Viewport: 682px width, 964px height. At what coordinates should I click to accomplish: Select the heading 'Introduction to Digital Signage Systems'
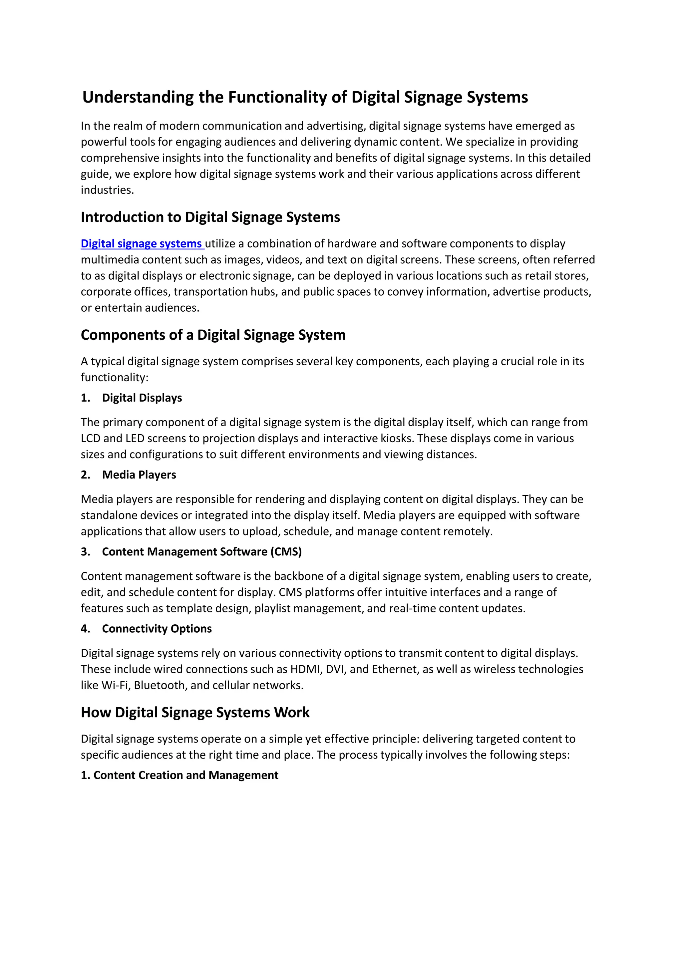click(210, 217)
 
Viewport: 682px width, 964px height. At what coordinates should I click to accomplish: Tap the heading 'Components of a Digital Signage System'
click(213, 335)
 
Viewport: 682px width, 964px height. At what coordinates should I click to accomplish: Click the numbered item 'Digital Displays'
click(142, 398)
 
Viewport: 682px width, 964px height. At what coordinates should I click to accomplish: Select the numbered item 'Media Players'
click(139, 475)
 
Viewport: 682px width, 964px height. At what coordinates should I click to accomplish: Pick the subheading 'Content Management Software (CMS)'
click(201, 551)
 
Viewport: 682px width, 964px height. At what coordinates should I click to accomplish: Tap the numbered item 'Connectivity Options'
click(157, 629)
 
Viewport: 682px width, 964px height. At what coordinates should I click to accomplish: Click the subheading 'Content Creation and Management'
click(185, 775)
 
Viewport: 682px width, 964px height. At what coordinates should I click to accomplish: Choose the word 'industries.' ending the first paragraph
click(107, 190)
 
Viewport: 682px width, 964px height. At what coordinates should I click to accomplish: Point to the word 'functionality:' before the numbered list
click(115, 378)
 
